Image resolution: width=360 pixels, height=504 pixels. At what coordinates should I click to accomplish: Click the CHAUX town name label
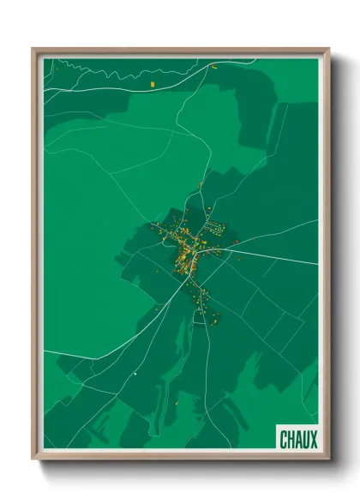298,440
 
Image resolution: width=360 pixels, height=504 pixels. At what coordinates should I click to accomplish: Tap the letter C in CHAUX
284,440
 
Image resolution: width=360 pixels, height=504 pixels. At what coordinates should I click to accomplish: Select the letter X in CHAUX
314,440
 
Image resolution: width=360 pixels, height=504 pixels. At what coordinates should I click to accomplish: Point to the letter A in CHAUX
298,440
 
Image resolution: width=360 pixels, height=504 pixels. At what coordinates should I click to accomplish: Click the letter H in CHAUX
291,440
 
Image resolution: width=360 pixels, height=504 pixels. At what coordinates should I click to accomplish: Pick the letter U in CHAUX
306,440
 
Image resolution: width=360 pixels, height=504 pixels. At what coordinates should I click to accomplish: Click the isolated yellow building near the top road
152,84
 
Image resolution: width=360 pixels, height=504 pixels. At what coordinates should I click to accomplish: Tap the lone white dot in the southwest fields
135,374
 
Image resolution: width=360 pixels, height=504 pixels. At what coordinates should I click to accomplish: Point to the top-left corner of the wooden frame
33,49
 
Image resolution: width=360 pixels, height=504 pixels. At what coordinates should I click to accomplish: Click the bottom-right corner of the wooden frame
329,460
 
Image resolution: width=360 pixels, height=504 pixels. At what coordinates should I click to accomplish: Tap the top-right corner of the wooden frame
329,49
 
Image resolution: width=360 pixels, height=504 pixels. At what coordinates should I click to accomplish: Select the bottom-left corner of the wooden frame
33,460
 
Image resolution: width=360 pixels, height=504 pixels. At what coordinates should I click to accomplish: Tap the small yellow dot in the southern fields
177,402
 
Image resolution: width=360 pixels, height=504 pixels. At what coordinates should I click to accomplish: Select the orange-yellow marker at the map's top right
215,65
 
